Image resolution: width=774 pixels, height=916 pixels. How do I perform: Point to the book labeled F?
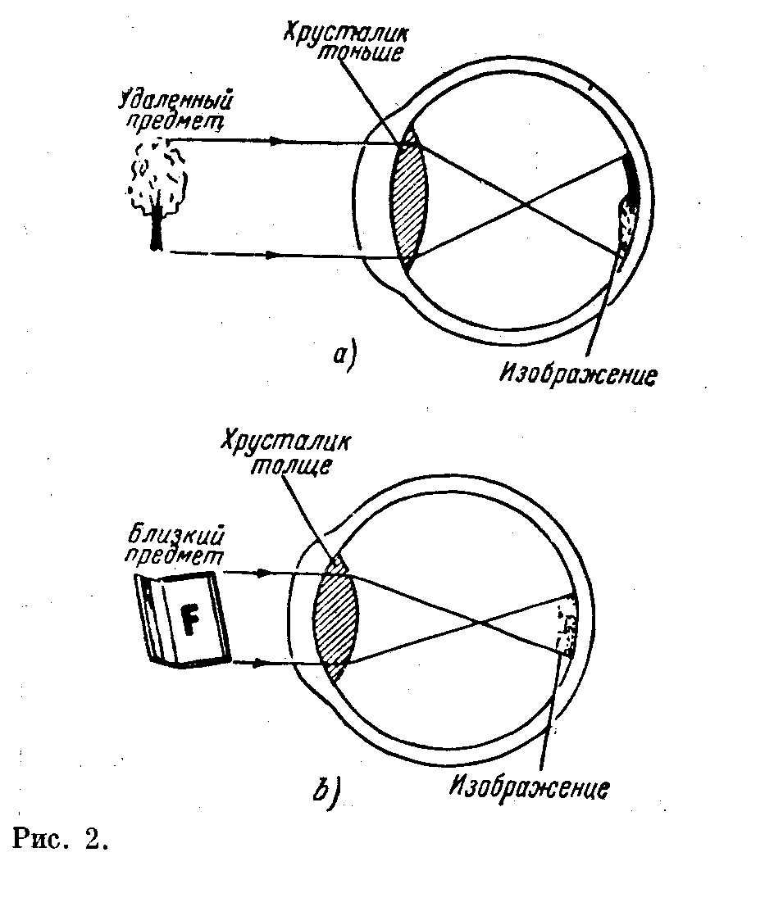click(183, 620)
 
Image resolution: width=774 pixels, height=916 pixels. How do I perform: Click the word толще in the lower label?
click(290, 465)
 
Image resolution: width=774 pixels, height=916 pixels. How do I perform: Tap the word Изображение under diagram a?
click(578, 374)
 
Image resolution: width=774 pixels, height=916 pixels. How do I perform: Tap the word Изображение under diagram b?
click(530, 787)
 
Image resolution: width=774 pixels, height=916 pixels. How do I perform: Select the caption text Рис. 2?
click(60, 840)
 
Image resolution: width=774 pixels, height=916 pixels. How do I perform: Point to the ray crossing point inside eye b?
click(480, 623)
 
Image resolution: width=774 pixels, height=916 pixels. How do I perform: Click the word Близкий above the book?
click(176, 536)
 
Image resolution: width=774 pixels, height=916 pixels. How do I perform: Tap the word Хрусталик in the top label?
click(345, 32)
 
